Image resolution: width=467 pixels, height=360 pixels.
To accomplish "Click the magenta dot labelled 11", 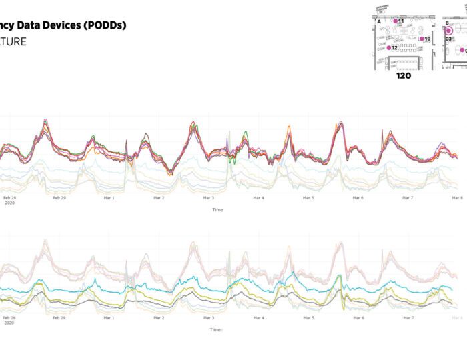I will (396, 21).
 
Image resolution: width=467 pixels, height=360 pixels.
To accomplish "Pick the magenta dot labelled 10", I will (422, 39).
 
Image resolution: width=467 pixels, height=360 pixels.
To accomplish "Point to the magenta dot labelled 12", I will (389, 48).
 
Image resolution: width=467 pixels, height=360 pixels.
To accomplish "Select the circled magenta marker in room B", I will (448, 30).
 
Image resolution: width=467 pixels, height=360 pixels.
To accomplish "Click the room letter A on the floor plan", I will (379, 22).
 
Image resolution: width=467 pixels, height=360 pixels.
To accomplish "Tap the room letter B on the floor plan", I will (447, 22).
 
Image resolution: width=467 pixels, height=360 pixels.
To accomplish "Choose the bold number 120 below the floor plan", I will (403, 76).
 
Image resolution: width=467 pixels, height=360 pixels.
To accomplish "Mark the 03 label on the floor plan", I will (449, 39).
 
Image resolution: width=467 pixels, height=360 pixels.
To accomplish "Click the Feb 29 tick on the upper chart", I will (59, 198).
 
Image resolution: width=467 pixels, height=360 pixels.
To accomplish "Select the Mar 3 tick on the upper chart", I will (209, 198).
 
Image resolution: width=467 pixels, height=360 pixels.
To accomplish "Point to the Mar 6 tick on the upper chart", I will (358, 198).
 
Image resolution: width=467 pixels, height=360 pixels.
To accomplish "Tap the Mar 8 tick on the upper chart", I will (458, 198).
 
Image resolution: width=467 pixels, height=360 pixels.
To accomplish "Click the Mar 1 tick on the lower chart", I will (109, 318).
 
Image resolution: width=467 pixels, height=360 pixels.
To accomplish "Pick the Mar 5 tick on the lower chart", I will (308, 318).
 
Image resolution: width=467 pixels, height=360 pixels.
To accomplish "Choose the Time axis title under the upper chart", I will (217, 210).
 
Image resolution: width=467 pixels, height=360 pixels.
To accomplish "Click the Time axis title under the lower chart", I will (215, 329).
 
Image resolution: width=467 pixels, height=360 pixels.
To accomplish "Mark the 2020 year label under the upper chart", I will (9, 204).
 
